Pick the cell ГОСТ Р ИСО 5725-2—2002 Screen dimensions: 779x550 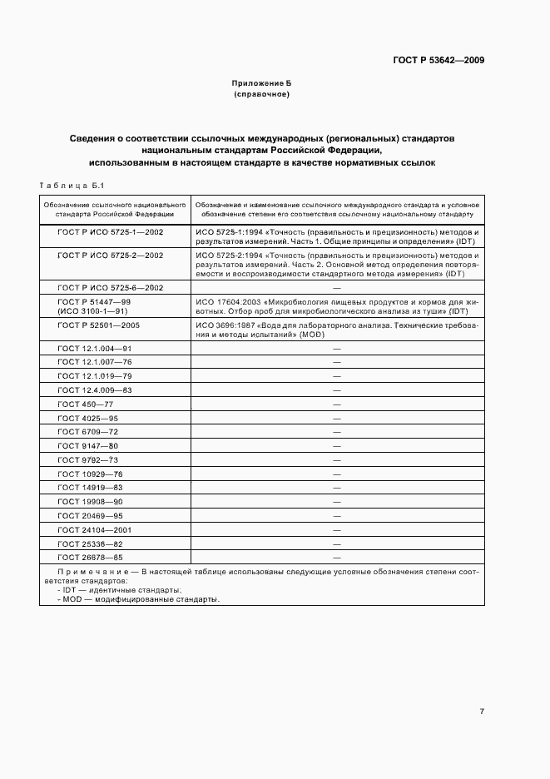point(110,255)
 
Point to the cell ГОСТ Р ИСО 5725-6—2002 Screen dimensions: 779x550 point(110,287)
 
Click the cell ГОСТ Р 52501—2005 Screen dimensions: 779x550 point(98,325)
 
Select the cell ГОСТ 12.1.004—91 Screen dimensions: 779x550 point(95,348)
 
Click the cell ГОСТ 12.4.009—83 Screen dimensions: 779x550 point(95,389)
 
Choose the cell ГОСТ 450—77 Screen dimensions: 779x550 point(85,404)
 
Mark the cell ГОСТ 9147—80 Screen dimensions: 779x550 point(87,445)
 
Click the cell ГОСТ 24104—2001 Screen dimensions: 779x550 point(95,529)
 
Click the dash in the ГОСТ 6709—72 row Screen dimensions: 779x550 point(337,432)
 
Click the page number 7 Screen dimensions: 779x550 point(481,712)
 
